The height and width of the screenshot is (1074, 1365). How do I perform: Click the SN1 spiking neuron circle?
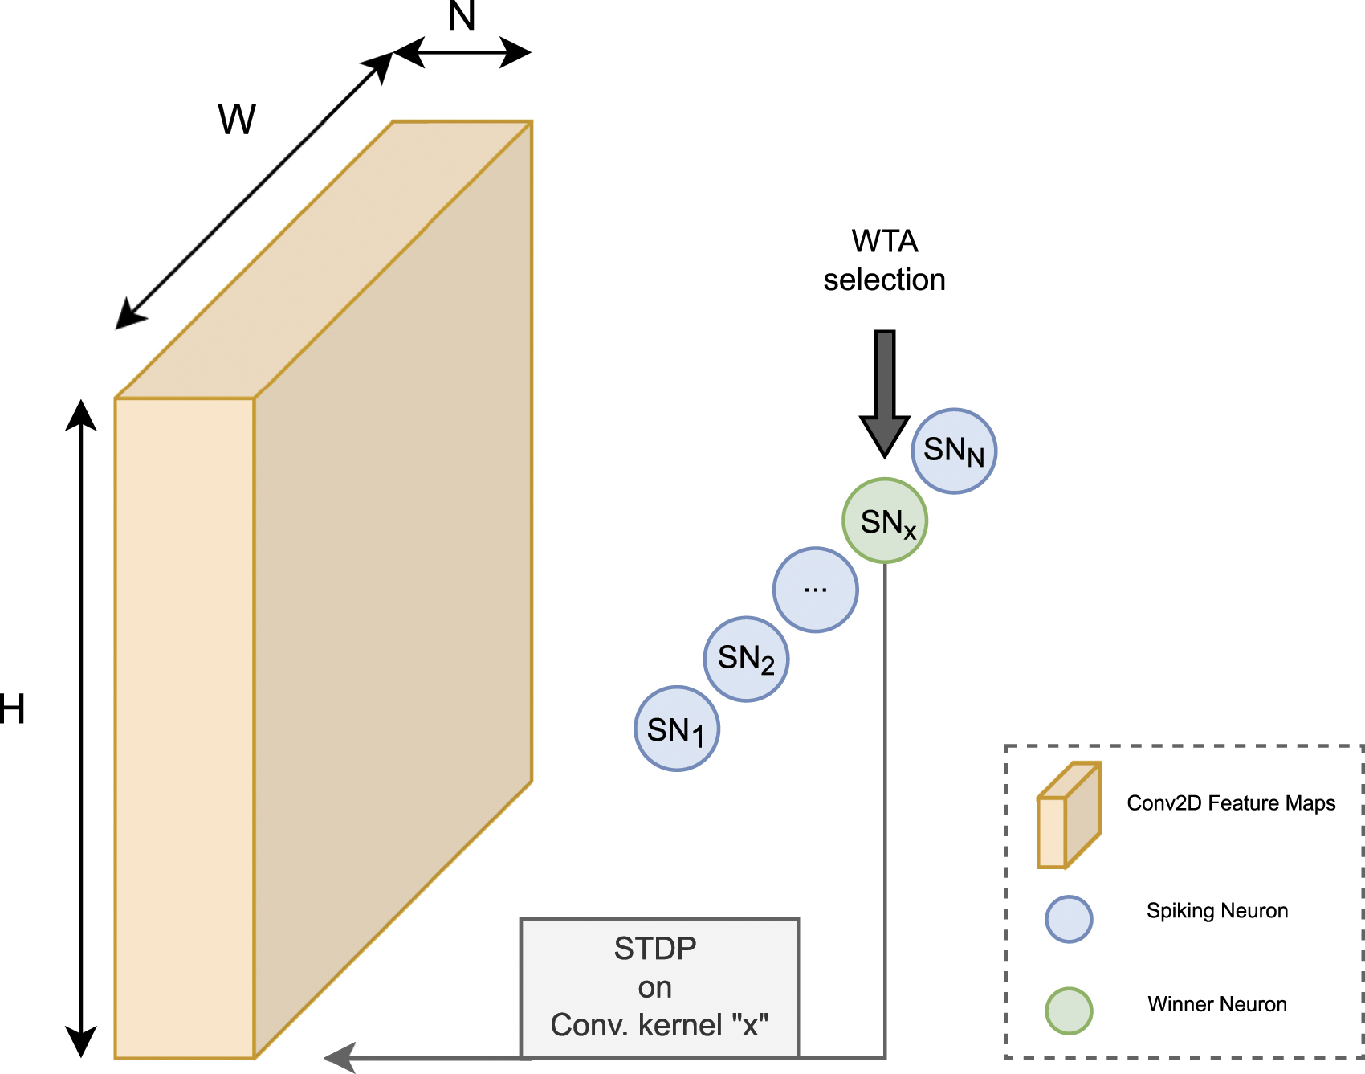point(676,729)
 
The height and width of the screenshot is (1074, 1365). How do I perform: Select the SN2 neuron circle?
point(746,659)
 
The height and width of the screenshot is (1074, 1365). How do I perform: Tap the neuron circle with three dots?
point(815,590)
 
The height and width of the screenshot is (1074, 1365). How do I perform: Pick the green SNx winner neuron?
point(885,521)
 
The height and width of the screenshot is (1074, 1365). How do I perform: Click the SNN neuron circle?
point(954,451)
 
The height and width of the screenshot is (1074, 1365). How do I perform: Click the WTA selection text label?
point(884,260)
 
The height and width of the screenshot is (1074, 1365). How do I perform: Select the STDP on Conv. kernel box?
point(659,987)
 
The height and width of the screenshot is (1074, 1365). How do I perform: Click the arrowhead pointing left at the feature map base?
point(341,1057)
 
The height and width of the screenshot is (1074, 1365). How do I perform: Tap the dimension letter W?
point(237,120)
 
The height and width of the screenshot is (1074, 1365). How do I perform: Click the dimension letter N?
point(462,16)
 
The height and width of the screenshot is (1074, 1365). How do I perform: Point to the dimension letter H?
point(12,709)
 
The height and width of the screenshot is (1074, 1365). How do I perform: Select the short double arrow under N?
point(462,53)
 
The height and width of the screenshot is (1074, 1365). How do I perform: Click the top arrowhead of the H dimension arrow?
point(81,415)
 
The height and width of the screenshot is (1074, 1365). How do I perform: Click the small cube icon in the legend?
point(1068,815)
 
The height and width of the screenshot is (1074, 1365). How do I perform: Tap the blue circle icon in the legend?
point(1069,919)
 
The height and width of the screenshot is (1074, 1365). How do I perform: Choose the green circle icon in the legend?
point(1069,1011)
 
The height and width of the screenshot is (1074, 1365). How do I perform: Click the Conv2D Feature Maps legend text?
point(1231,803)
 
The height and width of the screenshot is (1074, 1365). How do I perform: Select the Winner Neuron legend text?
point(1216,1004)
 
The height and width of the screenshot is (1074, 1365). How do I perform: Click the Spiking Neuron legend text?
point(1216,911)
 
